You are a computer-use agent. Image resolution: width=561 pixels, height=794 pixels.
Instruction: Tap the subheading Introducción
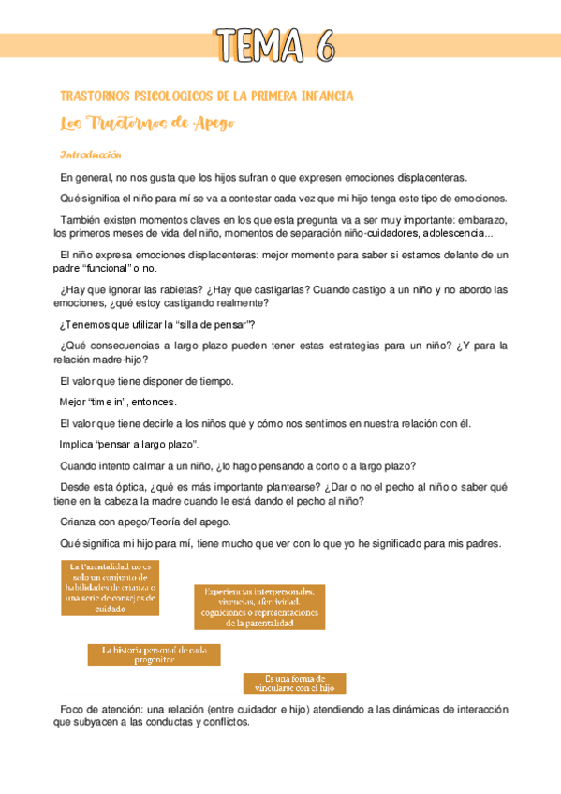[x=91, y=154]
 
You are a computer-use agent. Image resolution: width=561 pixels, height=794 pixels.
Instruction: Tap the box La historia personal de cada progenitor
[x=154, y=654]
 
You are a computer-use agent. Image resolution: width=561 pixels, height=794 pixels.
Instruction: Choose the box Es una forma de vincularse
[x=293, y=683]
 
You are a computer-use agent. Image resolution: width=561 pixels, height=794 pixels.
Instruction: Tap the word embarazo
[x=479, y=219]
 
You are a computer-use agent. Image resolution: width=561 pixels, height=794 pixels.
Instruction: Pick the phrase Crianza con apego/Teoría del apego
[x=144, y=522]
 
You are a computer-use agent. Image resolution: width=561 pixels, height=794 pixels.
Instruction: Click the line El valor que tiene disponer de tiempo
[x=146, y=380]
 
